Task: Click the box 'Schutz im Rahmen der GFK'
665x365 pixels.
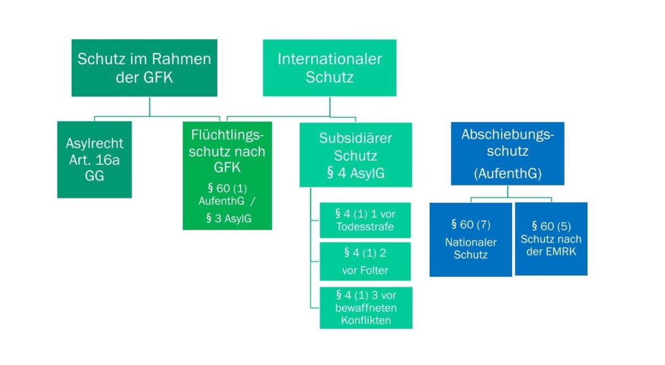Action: (144, 68)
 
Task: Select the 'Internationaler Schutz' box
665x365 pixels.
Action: (330, 68)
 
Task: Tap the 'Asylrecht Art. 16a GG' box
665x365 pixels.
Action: (94, 160)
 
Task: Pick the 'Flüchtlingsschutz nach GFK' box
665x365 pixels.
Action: (228, 175)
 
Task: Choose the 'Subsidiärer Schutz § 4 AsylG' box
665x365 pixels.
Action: (356, 155)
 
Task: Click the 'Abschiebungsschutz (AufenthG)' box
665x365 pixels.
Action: (507, 153)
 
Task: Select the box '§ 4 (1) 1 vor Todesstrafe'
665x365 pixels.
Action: (365, 220)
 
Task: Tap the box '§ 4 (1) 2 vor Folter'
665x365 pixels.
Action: (365, 261)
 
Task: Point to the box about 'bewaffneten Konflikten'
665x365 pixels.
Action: (366, 307)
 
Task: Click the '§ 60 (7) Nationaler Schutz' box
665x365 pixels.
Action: (470, 239)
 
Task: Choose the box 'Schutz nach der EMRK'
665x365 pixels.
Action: (551, 239)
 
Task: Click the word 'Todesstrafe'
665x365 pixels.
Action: (365, 226)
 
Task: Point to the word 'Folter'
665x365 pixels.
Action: (365, 270)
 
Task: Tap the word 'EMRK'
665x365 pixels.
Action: (561, 252)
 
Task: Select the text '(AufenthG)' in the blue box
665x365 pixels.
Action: (507, 173)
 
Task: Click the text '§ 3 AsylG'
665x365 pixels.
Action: (229, 218)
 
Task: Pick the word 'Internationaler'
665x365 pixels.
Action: (330, 59)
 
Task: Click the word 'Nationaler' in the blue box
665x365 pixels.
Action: (470, 243)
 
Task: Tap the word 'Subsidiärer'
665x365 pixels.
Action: (356, 138)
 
